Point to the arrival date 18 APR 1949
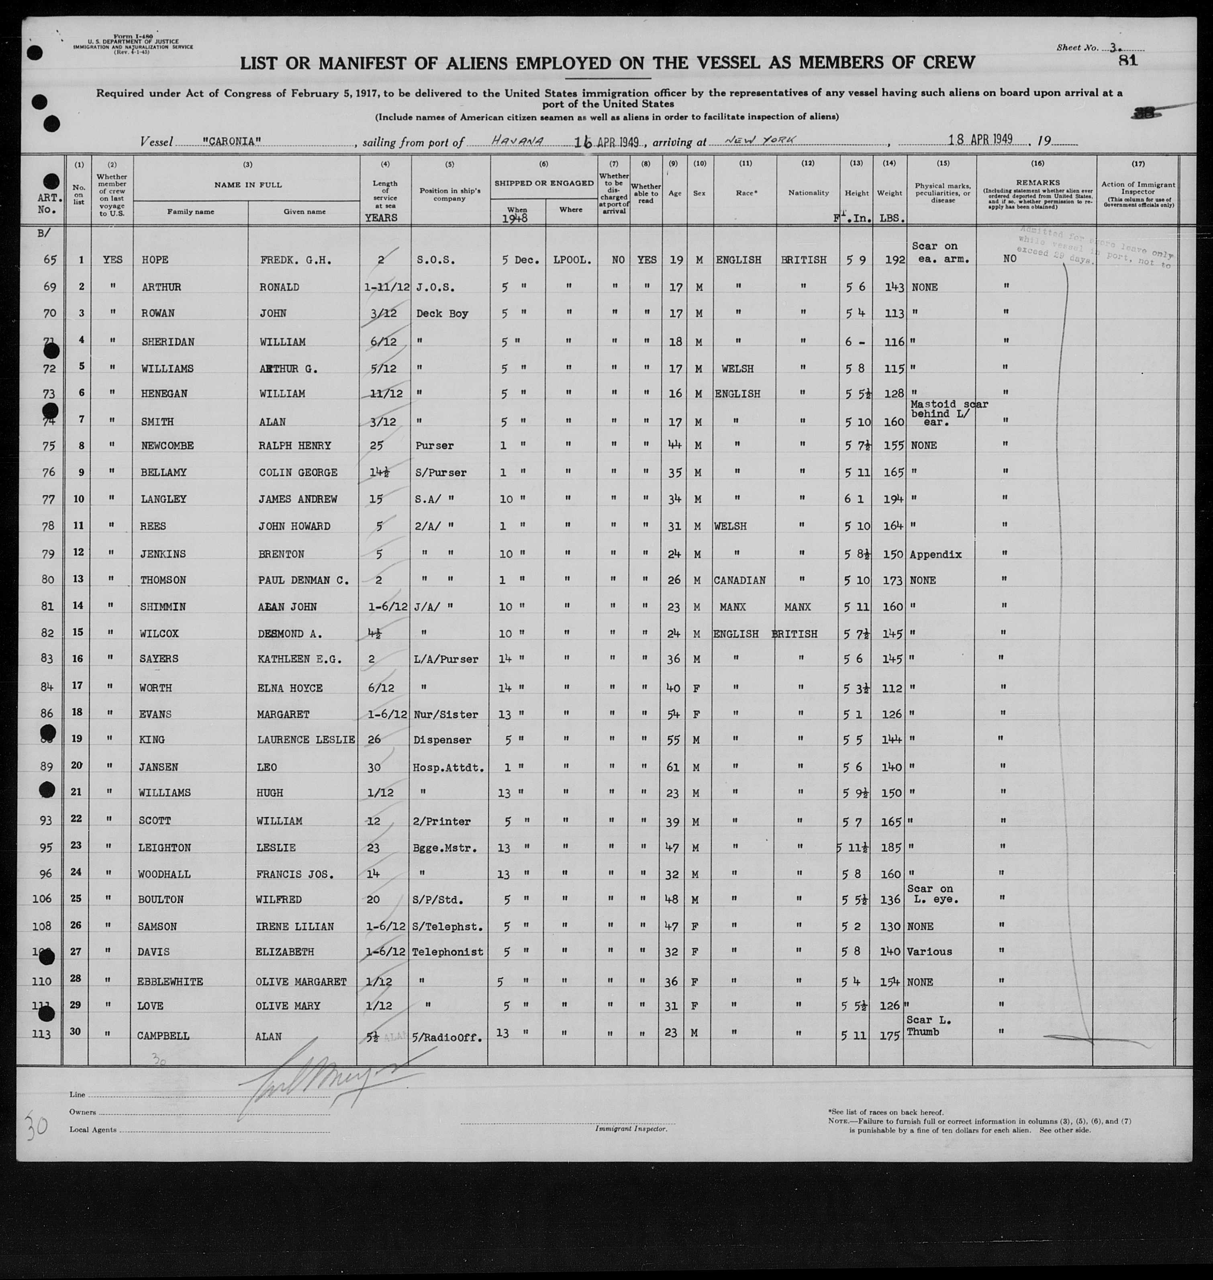pyautogui.click(x=980, y=140)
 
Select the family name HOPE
pyautogui.click(x=155, y=260)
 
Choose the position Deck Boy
pyautogui.click(x=442, y=314)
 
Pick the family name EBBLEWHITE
pyautogui.click(x=170, y=981)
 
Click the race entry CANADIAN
pyautogui.click(x=740, y=580)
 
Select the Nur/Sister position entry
pyautogui.click(x=448, y=715)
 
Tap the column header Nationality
pyautogui.click(x=808, y=193)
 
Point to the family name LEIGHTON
pyautogui.click(x=164, y=847)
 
